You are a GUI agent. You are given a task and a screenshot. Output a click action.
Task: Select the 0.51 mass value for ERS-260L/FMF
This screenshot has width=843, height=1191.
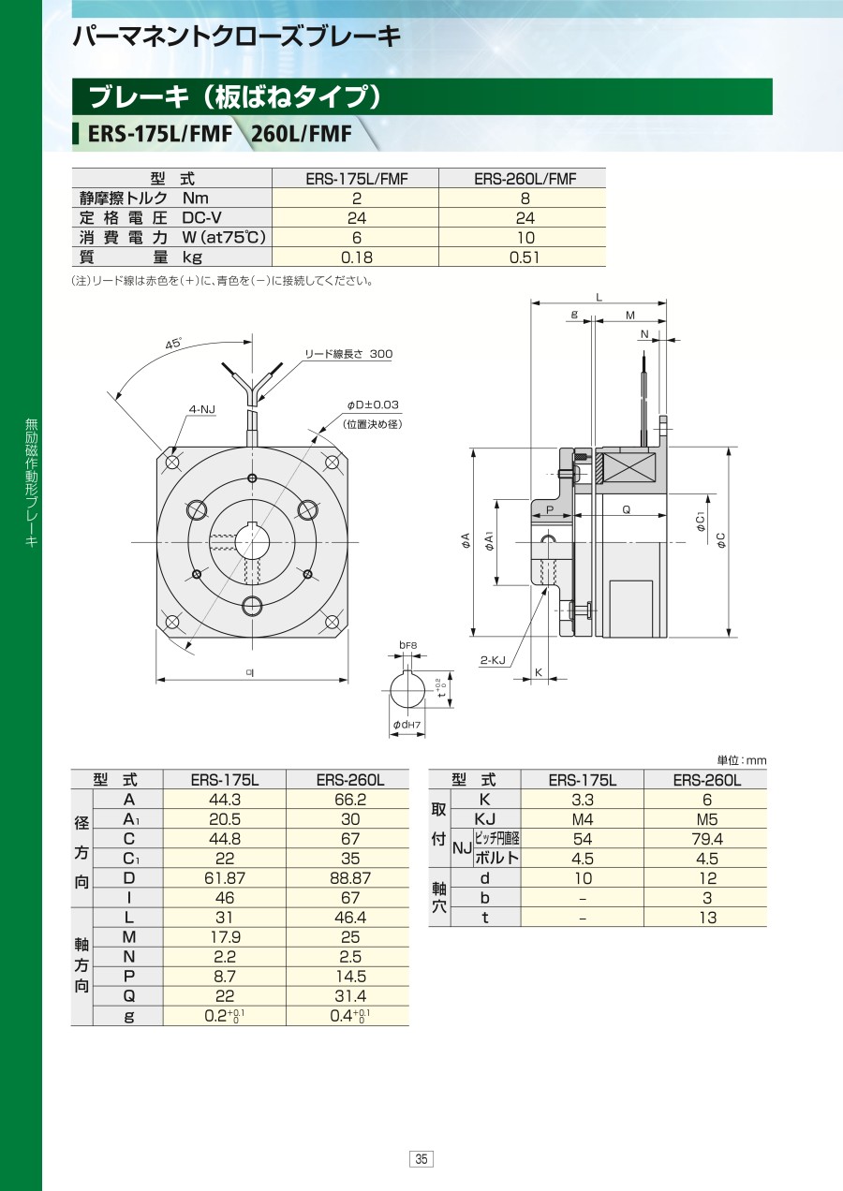525,257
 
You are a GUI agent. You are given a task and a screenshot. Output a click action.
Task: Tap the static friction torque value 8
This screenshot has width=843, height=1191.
525,198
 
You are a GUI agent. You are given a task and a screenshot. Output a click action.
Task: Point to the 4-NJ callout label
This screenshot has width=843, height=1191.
202,409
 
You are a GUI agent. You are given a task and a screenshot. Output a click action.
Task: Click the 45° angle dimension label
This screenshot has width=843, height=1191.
173,344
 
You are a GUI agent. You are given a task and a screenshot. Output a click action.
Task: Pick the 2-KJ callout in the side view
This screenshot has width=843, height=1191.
493,660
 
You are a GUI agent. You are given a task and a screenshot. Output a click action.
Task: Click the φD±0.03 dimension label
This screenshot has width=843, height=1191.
373,404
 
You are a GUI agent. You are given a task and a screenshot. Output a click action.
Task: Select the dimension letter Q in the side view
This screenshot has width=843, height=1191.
626,509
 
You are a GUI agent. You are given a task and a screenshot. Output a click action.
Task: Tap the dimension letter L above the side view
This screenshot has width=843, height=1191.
599,297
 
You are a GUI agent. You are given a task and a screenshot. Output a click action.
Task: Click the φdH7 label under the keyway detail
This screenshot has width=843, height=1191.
407,724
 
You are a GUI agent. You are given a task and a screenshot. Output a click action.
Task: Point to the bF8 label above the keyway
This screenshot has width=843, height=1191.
408,645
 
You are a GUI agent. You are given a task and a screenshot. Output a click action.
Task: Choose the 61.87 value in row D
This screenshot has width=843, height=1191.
225,878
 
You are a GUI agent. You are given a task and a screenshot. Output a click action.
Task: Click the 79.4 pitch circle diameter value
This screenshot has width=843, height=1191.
707,839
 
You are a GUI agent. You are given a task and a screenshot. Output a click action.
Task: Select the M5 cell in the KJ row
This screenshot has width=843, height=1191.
707,819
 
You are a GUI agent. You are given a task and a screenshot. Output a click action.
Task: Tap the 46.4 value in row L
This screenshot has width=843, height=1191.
350,918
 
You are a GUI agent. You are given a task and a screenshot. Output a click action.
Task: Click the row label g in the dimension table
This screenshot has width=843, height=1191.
128,1016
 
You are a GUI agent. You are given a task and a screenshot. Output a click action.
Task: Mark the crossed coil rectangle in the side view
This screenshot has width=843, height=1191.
629,469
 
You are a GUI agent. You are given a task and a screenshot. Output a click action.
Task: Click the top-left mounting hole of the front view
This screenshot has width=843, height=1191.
172,462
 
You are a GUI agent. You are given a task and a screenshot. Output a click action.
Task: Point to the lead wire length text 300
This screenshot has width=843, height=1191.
381,354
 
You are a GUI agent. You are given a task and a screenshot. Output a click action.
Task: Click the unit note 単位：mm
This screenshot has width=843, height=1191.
742,760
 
